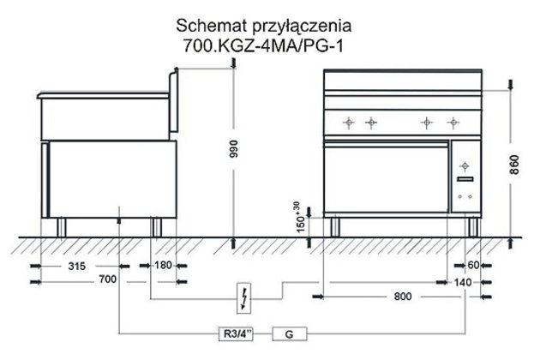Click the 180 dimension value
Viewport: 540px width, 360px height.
pos(165,266)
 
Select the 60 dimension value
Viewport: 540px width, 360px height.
pos(473,266)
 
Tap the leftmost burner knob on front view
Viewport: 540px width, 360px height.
pos(348,123)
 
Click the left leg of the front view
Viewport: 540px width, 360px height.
pos(334,226)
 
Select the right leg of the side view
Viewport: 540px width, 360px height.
pos(156,226)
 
